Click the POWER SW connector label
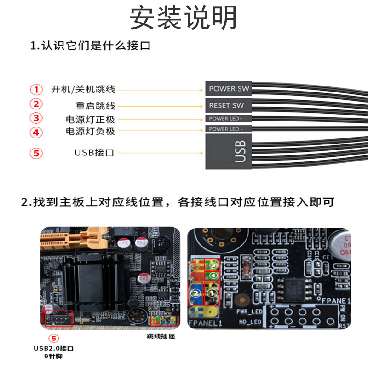click(229, 88)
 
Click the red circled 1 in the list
click(36, 89)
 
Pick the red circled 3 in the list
click(36, 118)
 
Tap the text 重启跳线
click(95, 106)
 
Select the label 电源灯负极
click(90, 132)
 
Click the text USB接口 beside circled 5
click(94, 153)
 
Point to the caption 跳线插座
click(161, 336)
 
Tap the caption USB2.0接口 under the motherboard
click(54, 349)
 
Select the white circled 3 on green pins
click(213, 265)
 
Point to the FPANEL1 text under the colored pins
click(205, 323)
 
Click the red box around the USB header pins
click(58, 318)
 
